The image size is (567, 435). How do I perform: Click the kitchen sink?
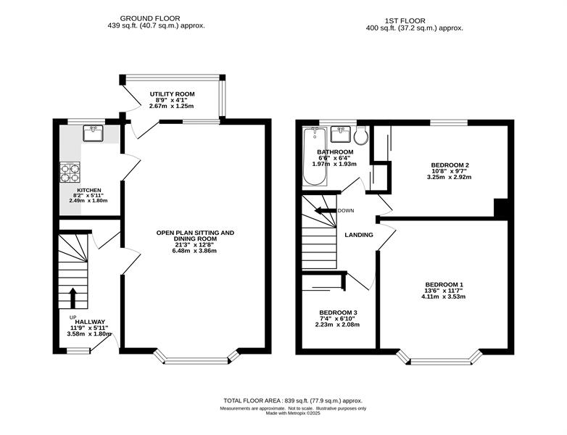pyautogui.click(x=94, y=133)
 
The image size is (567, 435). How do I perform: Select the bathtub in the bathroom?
pyautogui.click(x=315, y=157)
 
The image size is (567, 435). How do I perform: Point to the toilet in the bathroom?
pyautogui.click(x=361, y=135)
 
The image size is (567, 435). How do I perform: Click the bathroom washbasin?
pyautogui.click(x=341, y=134)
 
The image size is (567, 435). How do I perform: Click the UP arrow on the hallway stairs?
pyautogui.click(x=73, y=297)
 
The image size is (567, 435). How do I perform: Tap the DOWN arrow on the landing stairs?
pyautogui.click(x=326, y=211)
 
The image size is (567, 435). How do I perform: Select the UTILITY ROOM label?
pyautogui.click(x=172, y=94)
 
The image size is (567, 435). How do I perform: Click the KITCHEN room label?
pyautogui.click(x=89, y=190)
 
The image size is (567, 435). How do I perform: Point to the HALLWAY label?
pyautogui.click(x=90, y=322)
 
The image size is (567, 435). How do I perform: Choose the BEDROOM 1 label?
pyautogui.click(x=444, y=285)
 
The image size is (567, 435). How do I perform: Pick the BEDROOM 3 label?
pyautogui.click(x=338, y=312)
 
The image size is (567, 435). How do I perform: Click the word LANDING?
pyautogui.click(x=359, y=235)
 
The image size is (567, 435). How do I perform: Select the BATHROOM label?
pyautogui.click(x=335, y=152)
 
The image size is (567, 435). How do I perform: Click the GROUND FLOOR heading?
pyautogui.click(x=150, y=18)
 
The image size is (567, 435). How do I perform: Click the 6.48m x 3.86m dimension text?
pyautogui.click(x=194, y=251)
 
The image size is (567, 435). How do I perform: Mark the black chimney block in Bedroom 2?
pyautogui.click(x=501, y=209)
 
